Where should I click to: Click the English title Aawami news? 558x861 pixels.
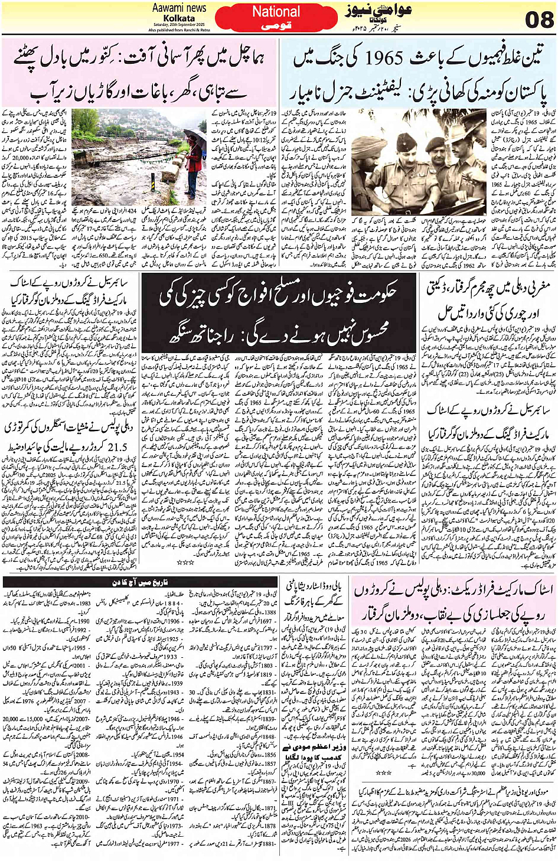tap(179, 8)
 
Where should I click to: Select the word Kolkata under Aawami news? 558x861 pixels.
tap(180, 18)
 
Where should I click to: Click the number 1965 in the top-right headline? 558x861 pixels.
tap(384, 58)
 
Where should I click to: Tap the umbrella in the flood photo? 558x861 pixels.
tap(194, 138)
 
